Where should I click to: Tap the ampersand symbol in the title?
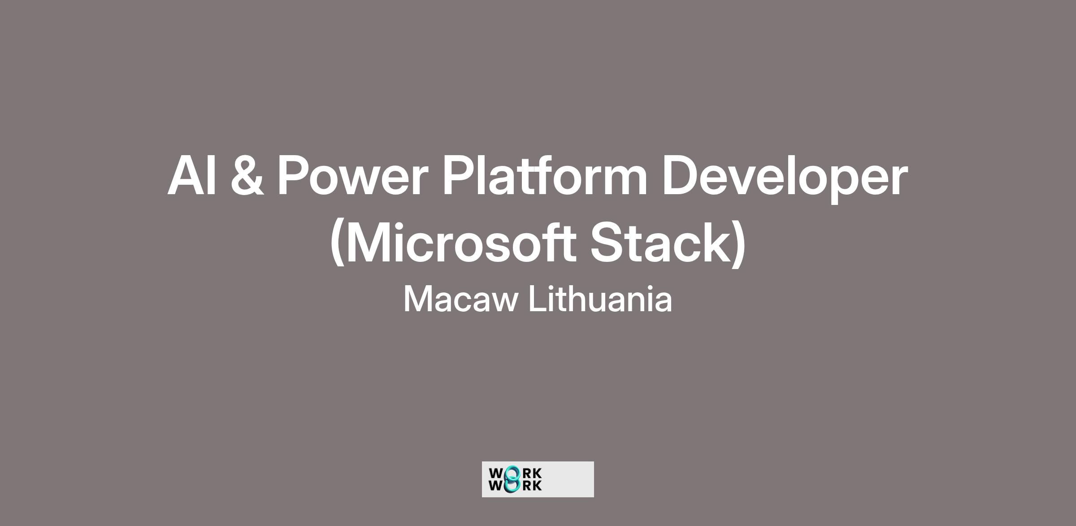pos(247,175)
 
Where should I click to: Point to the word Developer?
pos(785,178)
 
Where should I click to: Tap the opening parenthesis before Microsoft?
pos(337,244)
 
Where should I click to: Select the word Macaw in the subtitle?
pos(461,300)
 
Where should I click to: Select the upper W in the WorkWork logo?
pos(497,474)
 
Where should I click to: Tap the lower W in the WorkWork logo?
pos(497,485)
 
